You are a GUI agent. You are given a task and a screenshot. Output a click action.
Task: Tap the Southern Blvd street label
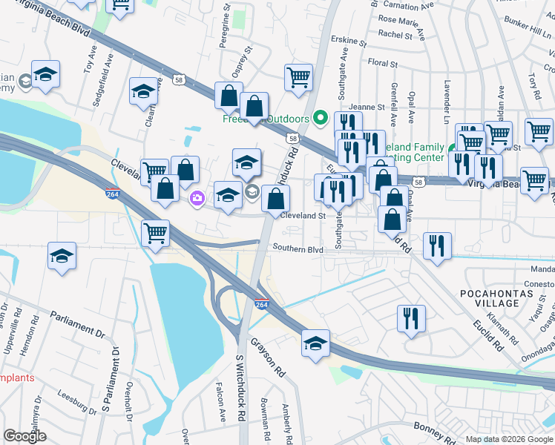point(298,249)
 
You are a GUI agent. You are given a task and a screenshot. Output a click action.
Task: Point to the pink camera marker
point(197,197)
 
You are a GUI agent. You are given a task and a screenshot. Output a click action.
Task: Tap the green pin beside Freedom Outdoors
point(321,118)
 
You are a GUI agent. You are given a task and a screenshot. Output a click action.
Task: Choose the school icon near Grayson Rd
point(316,343)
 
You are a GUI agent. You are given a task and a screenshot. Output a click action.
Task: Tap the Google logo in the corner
point(24,436)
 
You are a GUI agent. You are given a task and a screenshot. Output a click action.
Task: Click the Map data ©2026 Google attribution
point(509,439)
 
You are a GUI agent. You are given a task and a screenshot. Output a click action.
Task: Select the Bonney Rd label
point(416,429)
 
